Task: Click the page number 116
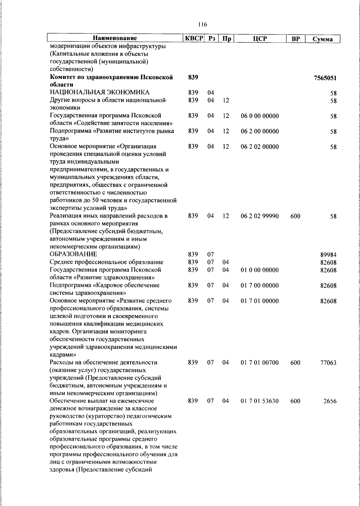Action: tap(202, 25)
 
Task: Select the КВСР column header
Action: tap(194, 38)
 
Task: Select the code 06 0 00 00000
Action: tap(259, 116)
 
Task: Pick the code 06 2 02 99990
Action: tap(259, 216)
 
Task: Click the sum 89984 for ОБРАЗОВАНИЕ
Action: tap(328, 255)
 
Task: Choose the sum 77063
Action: tap(328, 363)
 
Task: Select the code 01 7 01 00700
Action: tap(259, 363)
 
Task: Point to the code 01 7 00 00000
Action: tap(259, 285)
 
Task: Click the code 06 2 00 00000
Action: tap(259, 131)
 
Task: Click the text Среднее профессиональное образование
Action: tap(106, 262)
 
